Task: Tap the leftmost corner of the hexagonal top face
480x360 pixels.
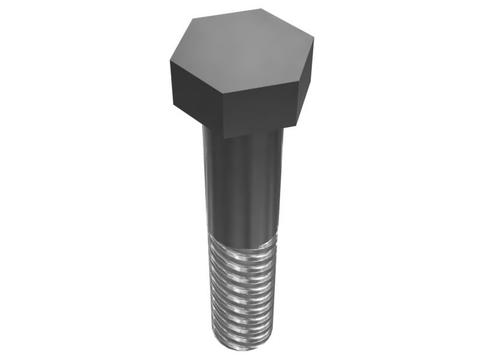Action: [170, 62]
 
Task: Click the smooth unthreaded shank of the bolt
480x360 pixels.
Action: [243, 186]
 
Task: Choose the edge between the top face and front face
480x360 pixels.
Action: [259, 91]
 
